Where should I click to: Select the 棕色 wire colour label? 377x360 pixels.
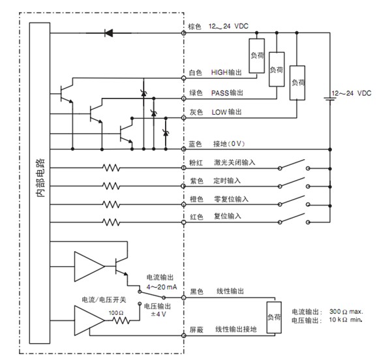tap(195, 27)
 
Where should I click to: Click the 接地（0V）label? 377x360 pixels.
tap(232, 144)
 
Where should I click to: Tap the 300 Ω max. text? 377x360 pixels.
tap(344, 312)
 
